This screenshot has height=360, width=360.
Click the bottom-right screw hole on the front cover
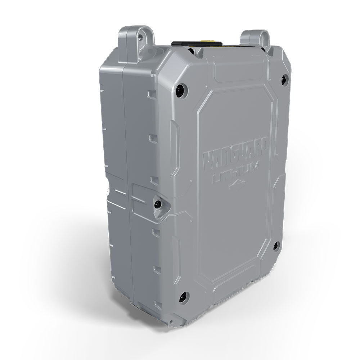(276, 246)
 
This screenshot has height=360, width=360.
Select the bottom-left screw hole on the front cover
(183, 296)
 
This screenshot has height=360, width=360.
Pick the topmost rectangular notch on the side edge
(151, 95)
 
